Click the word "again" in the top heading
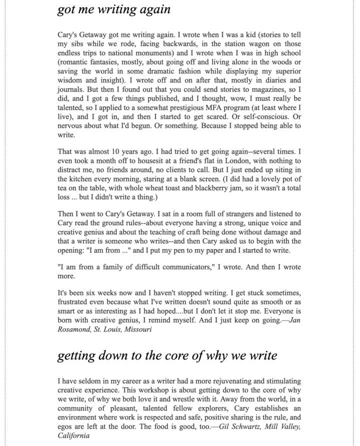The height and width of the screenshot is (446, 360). coord(153,9)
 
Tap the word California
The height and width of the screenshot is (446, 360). coord(73,435)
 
